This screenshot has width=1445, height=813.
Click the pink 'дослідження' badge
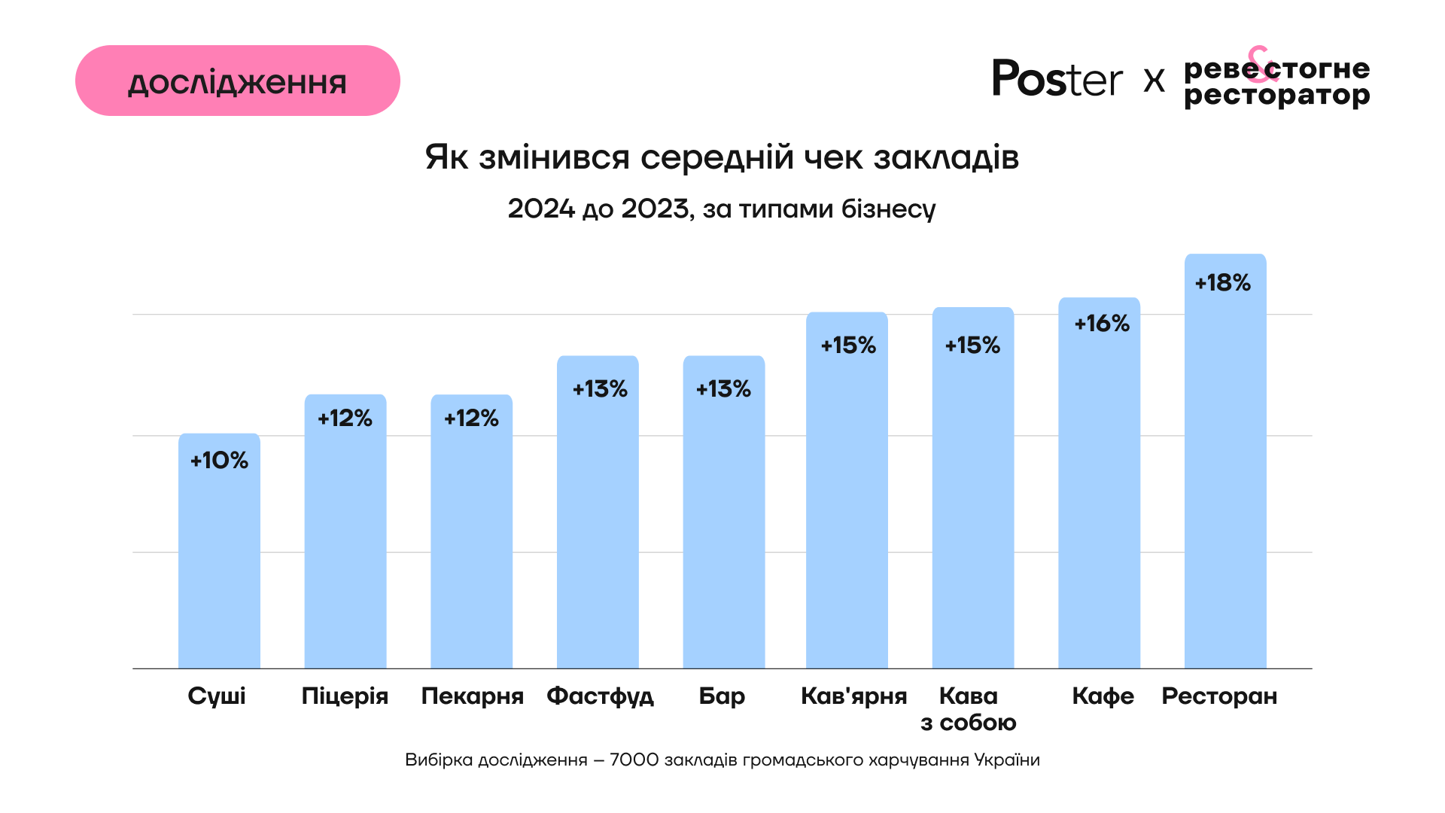pyautogui.click(x=237, y=81)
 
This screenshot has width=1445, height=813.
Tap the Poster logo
pyautogui.click(x=1057, y=78)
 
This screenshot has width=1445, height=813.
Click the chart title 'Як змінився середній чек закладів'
pyautogui.click(x=722, y=157)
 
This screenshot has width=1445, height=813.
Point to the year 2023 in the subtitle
pyautogui.click(x=655, y=209)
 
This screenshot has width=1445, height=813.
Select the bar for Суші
pyautogui.click(x=219, y=557)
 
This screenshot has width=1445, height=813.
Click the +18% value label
pyautogui.click(x=1223, y=283)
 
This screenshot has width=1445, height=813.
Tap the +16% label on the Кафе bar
pyautogui.click(x=1102, y=324)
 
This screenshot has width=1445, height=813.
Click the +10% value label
pyautogui.click(x=219, y=461)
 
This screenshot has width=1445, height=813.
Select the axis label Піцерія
pyautogui.click(x=345, y=696)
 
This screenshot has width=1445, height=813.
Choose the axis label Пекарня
pyautogui.click(x=472, y=696)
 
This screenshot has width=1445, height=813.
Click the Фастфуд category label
pyautogui.click(x=600, y=696)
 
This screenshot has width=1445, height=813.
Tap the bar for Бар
pyautogui.click(x=723, y=527)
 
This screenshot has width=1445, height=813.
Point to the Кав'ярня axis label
pyautogui.click(x=853, y=696)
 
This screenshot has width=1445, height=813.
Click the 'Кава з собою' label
pyautogui.click(x=969, y=709)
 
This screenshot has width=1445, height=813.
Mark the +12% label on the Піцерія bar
pyautogui.click(x=345, y=419)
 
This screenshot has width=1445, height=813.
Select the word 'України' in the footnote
pyautogui.click(x=1007, y=760)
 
